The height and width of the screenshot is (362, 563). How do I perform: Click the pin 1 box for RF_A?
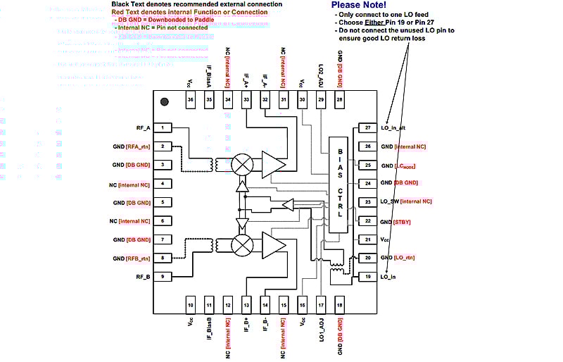coord(163,127)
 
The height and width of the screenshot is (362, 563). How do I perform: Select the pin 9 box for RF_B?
coord(163,277)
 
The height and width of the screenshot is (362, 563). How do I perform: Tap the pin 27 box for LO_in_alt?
coord(367,127)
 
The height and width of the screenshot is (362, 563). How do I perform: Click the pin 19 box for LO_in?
coord(367,277)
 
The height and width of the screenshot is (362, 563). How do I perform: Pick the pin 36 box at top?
coord(190,101)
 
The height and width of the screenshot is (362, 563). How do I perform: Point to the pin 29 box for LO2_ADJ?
coord(321,101)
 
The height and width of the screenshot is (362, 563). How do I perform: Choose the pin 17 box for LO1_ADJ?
coord(321,304)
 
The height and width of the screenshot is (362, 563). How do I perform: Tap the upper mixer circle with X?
coord(243,163)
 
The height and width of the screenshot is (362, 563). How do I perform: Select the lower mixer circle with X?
coord(243,246)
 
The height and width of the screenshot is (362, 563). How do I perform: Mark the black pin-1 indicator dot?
coord(165,101)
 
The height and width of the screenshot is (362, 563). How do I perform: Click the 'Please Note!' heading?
coord(360,6)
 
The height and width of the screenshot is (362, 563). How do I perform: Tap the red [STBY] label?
coord(409,221)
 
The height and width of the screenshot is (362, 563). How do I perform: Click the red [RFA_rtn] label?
coord(138,146)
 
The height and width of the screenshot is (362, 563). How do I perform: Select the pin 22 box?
coord(367,220)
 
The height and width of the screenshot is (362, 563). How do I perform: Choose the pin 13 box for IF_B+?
coord(246,304)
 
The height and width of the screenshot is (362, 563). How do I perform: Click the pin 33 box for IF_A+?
coord(246,101)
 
